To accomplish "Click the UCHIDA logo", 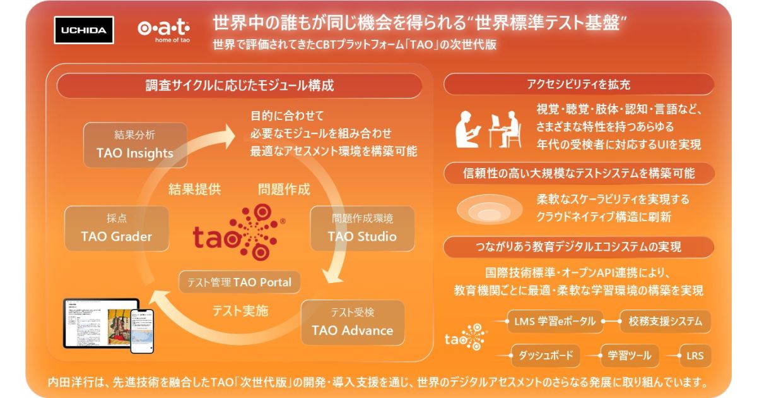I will pyautogui.click(x=84, y=30).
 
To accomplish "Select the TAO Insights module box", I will pyautogui.click(x=135, y=145).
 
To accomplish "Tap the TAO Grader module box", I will pyautogui.click(x=117, y=228).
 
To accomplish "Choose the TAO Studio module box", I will pyautogui.click(x=362, y=228).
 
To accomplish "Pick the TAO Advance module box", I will pyautogui.click(x=352, y=322).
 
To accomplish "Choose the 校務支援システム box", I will pyautogui.click(x=665, y=322).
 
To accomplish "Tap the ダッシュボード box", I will pyautogui.click(x=545, y=355).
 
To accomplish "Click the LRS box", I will pyautogui.click(x=695, y=355).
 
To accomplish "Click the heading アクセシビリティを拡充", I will pyautogui.click(x=578, y=84).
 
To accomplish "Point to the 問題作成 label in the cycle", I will pyautogui.click(x=284, y=189).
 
